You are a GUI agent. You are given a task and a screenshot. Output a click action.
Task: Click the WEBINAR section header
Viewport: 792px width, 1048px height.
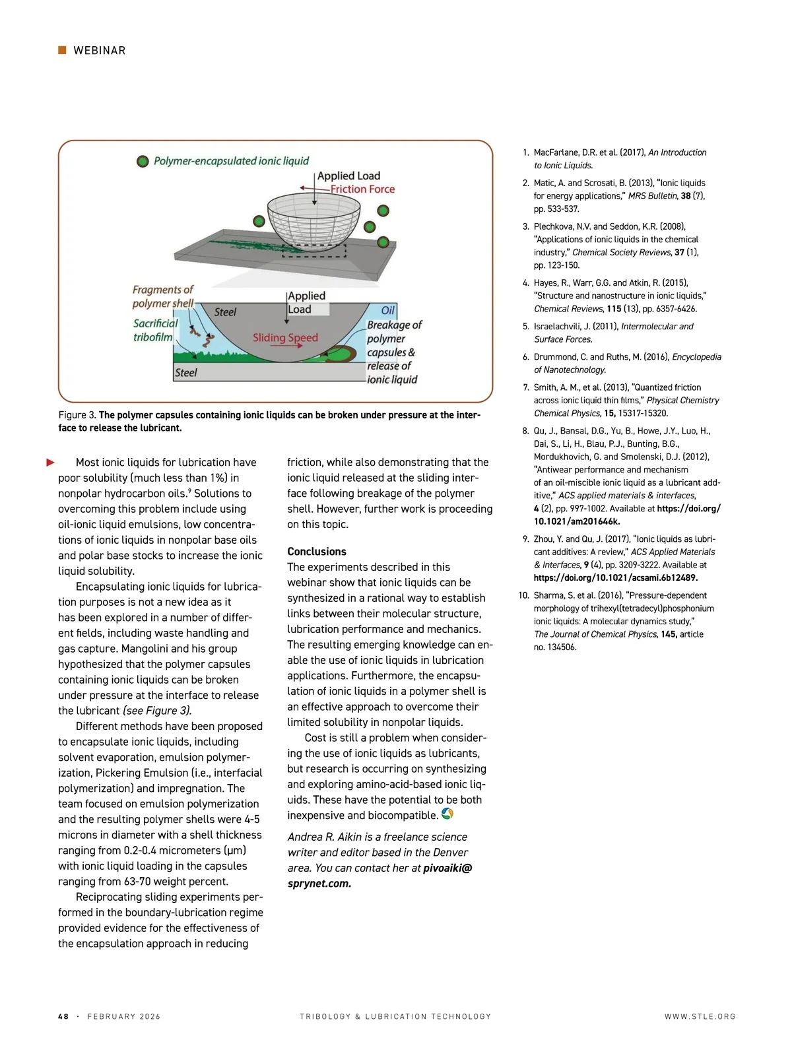coord(99,51)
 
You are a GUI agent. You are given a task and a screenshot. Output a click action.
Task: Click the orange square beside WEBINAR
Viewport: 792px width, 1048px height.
coord(62,50)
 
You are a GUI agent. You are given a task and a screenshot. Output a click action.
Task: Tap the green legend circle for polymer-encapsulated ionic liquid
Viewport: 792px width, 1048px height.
coord(142,162)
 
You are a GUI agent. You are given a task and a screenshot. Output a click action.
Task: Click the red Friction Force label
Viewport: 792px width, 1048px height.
coord(362,189)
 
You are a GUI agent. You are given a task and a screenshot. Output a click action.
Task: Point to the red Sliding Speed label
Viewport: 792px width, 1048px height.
coord(285,338)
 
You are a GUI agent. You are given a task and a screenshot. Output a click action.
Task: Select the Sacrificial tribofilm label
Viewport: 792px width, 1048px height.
coord(155,330)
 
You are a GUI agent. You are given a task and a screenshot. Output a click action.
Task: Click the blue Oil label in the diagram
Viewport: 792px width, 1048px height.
coord(388,311)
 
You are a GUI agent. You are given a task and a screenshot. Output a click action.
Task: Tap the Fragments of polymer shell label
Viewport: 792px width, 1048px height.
coord(162,296)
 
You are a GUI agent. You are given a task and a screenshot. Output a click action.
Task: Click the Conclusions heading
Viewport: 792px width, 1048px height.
coord(317,552)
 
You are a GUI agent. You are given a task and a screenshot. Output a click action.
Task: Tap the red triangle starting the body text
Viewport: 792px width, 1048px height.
coord(50,463)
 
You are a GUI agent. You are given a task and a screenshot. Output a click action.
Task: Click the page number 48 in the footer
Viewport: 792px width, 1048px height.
coord(63,1016)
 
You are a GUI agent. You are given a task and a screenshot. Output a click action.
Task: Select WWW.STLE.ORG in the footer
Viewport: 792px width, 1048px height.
coord(700,1016)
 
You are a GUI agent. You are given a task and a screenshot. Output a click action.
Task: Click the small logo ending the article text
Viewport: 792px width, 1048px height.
coord(447,814)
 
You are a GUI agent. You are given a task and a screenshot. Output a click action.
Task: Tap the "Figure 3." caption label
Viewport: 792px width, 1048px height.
coord(77,415)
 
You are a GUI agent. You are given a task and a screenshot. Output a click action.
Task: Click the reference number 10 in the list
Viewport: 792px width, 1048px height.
coord(523,595)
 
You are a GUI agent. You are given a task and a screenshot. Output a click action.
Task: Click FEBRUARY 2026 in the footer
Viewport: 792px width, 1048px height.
coord(124,1016)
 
